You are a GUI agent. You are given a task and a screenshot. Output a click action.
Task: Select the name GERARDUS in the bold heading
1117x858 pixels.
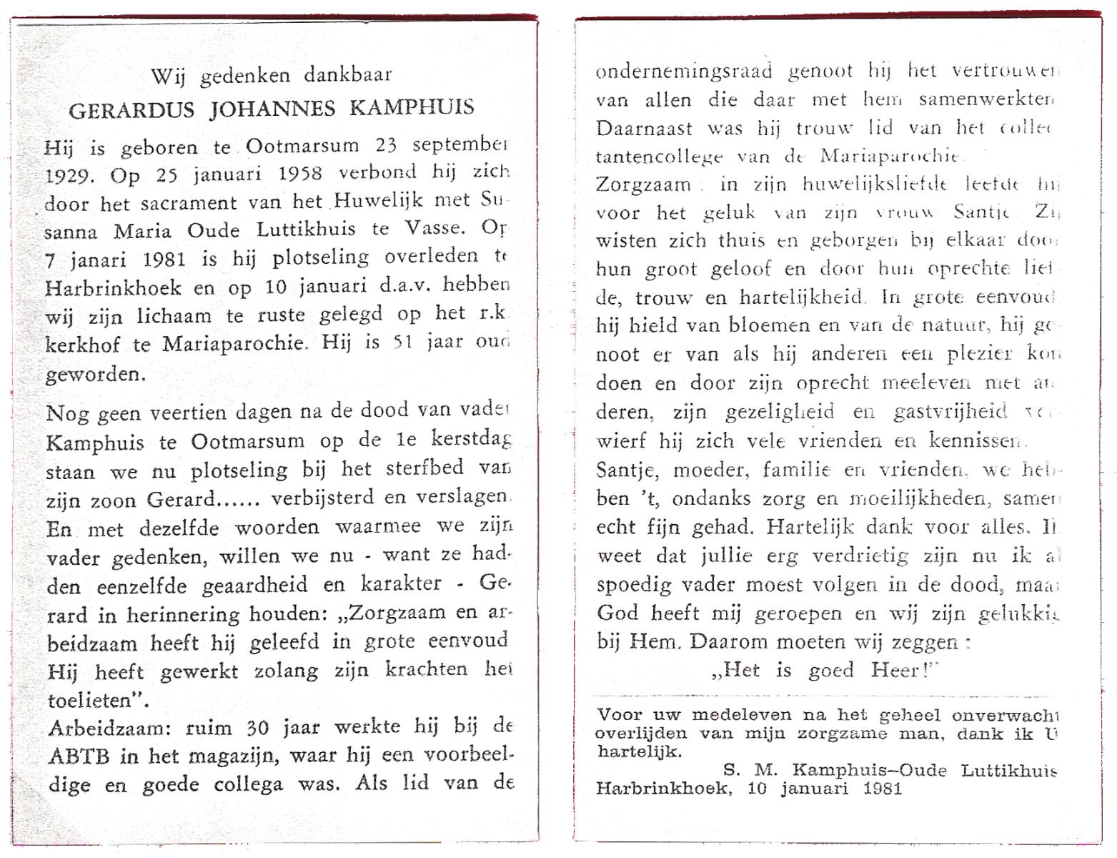132,108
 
